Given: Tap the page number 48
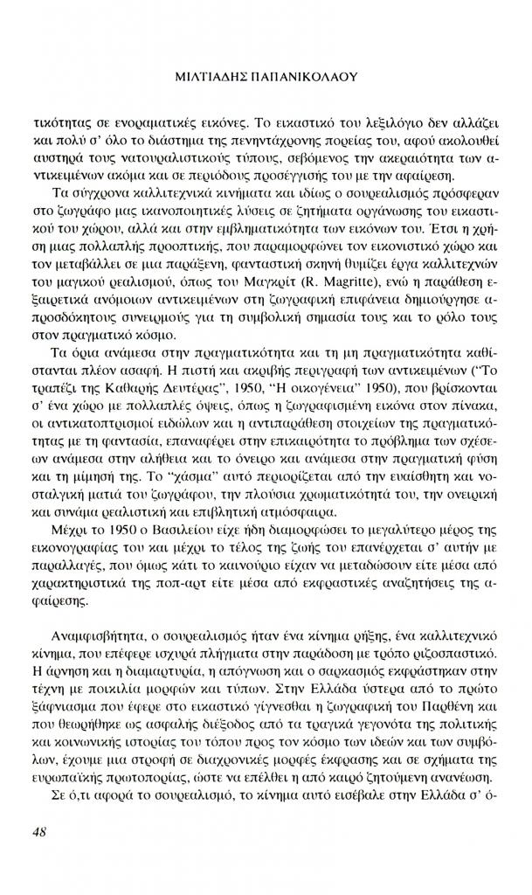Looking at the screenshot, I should coord(38,831).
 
